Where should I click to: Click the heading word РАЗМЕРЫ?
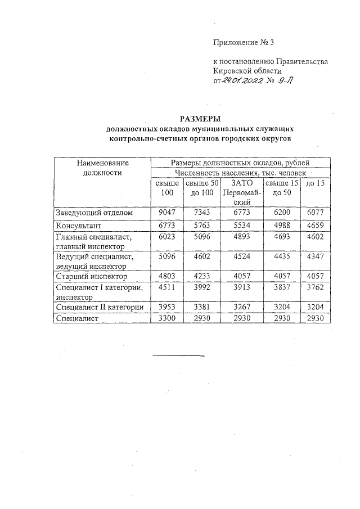coord(201,119)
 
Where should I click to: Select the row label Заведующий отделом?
coord(94,213)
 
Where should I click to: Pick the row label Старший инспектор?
coord(92,277)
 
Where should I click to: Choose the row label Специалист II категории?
coord(100,307)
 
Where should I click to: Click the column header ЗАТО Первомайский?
coord(243,192)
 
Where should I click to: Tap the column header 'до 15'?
coord(315,183)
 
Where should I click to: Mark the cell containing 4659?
coord(315,226)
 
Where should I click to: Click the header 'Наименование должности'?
coord(102,168)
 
